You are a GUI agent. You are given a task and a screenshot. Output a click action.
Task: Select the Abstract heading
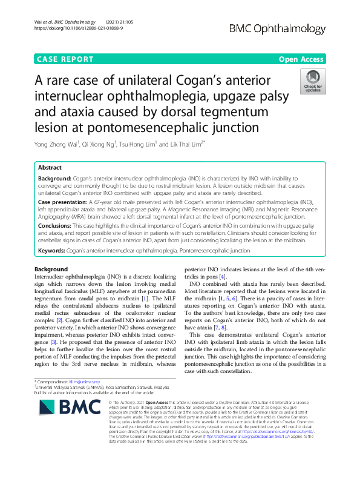point(50,167)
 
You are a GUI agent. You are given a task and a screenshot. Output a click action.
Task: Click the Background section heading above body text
point(51,269)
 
